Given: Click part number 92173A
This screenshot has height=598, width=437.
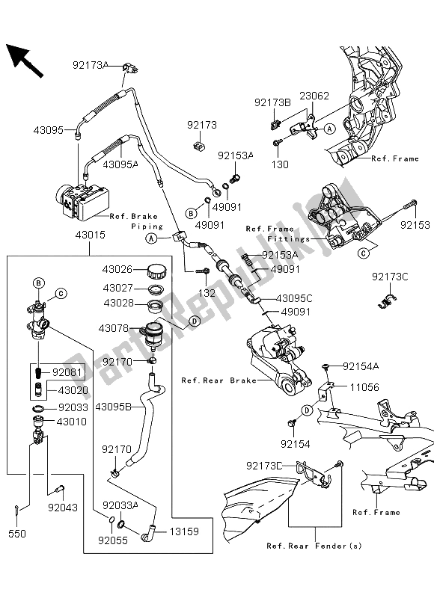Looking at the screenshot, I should click(x=91, y=65).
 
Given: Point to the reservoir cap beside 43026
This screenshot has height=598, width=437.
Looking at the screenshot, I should click(x=157, y=269).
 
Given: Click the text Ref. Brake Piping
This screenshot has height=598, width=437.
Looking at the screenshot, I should click(x=135, y=221).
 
